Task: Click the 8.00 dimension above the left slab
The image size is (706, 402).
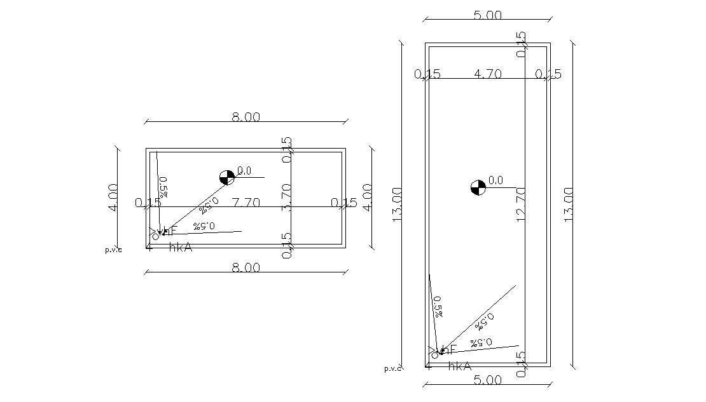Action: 246,117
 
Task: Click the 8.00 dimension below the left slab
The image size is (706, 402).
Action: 246,268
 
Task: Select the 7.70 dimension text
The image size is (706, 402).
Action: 246,203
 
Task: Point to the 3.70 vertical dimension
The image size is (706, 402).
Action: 287,196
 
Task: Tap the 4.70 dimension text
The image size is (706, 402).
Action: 488,74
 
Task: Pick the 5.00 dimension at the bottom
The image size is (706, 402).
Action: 488,380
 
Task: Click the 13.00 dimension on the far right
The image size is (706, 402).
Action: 569,203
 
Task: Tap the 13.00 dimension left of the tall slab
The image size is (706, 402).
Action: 398,204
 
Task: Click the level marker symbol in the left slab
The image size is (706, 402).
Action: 226,177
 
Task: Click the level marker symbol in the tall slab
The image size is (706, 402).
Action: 478,187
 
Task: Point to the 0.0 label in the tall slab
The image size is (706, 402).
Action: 495,181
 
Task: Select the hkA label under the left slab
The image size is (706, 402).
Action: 181,248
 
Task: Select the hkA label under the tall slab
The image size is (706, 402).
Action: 459,366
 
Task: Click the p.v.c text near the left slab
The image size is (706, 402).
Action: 113,250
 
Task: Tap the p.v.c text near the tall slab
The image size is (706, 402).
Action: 392,368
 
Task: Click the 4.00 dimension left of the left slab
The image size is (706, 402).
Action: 113,198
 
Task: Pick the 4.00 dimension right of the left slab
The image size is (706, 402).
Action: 367,198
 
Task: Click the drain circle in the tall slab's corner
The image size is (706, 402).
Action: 434,354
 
